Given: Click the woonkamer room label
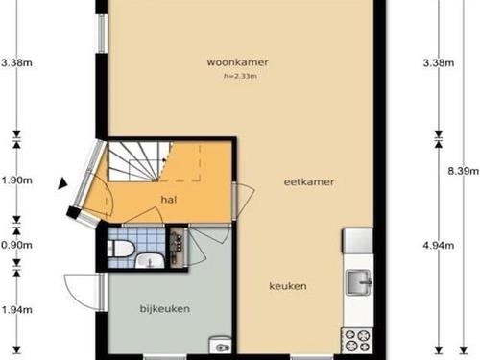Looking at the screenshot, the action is tap(237, 62).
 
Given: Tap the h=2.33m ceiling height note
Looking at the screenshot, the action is tap(240, 76).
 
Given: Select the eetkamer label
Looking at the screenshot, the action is tap(309, 182).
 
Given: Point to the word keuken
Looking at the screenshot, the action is tap(288, 286).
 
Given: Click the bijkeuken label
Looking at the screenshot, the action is tap(165, 309).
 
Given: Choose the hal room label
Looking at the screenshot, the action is tap(169, 200).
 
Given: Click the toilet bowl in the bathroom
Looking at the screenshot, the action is tap(120, 249).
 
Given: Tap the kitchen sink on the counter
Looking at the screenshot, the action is tap(359, 282).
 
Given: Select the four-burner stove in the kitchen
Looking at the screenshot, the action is tap(357, 341).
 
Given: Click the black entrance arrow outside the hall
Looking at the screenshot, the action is tap(62, 183).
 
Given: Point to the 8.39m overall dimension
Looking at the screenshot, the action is tap(463, 171).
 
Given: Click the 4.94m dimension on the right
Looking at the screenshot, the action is tap(439, 246).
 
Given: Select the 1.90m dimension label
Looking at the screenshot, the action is tap(16, 180).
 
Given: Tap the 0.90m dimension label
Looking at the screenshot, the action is tap(16, 245).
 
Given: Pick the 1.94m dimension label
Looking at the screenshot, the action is tap(16, 310).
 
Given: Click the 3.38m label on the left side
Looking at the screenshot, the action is tap(16, 62).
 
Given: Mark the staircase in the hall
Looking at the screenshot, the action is tap(138, 161).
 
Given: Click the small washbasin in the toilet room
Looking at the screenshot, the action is tap(150, 261).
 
